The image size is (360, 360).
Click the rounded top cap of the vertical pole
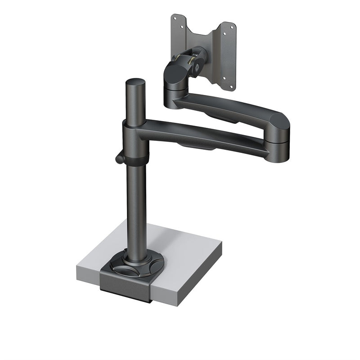tap(135, 83)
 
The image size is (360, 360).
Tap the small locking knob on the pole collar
tap(119, 158)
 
